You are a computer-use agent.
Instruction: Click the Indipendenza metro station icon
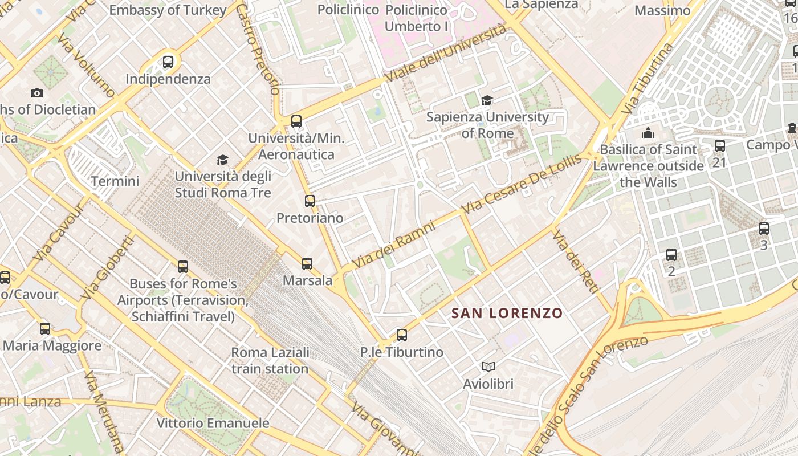pos(168,62)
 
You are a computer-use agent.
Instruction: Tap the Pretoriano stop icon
pos(310,201)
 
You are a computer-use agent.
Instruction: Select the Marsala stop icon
pos(307,264)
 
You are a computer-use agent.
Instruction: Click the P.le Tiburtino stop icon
pos(402,335)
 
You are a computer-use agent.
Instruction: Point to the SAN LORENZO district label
pos(507,313)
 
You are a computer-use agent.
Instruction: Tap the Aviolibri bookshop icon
pos(488,367)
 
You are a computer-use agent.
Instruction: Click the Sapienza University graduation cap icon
pos(487,101)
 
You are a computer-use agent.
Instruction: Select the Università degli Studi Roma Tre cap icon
pos(222,160)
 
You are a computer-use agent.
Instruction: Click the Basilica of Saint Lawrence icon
pos(648,133)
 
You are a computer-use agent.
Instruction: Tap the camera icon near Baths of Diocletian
pos(37,93)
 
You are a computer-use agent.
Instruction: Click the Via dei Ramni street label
pos(393,245)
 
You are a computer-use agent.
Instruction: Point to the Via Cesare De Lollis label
pos(521,184)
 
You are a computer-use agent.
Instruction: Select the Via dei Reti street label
pos(576,262)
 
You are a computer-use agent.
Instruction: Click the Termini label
pos(115,181)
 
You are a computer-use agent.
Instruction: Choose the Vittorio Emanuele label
pos(213,423)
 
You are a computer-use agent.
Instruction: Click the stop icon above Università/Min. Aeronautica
pos(296,121)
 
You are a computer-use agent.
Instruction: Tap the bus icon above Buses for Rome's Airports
pos(182,266)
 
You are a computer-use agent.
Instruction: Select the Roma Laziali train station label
pos(270,360)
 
